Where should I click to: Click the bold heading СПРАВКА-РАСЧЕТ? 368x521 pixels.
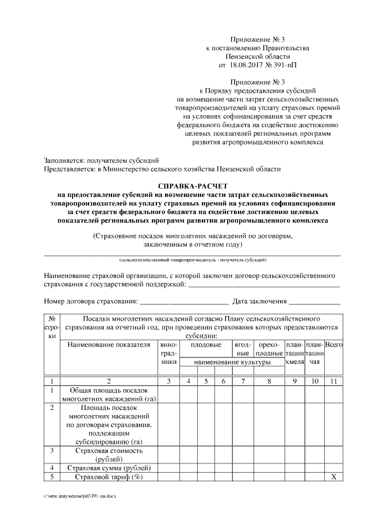193,187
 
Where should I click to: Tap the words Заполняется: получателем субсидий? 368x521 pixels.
101,159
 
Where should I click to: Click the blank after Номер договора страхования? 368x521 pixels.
184,301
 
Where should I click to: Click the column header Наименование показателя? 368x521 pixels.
105,345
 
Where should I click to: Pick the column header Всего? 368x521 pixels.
334,345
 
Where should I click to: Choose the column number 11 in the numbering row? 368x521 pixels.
334,381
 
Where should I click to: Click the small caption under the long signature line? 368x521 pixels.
193,260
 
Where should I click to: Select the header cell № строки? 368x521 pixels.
52,327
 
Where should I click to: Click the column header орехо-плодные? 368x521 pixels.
269,349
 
